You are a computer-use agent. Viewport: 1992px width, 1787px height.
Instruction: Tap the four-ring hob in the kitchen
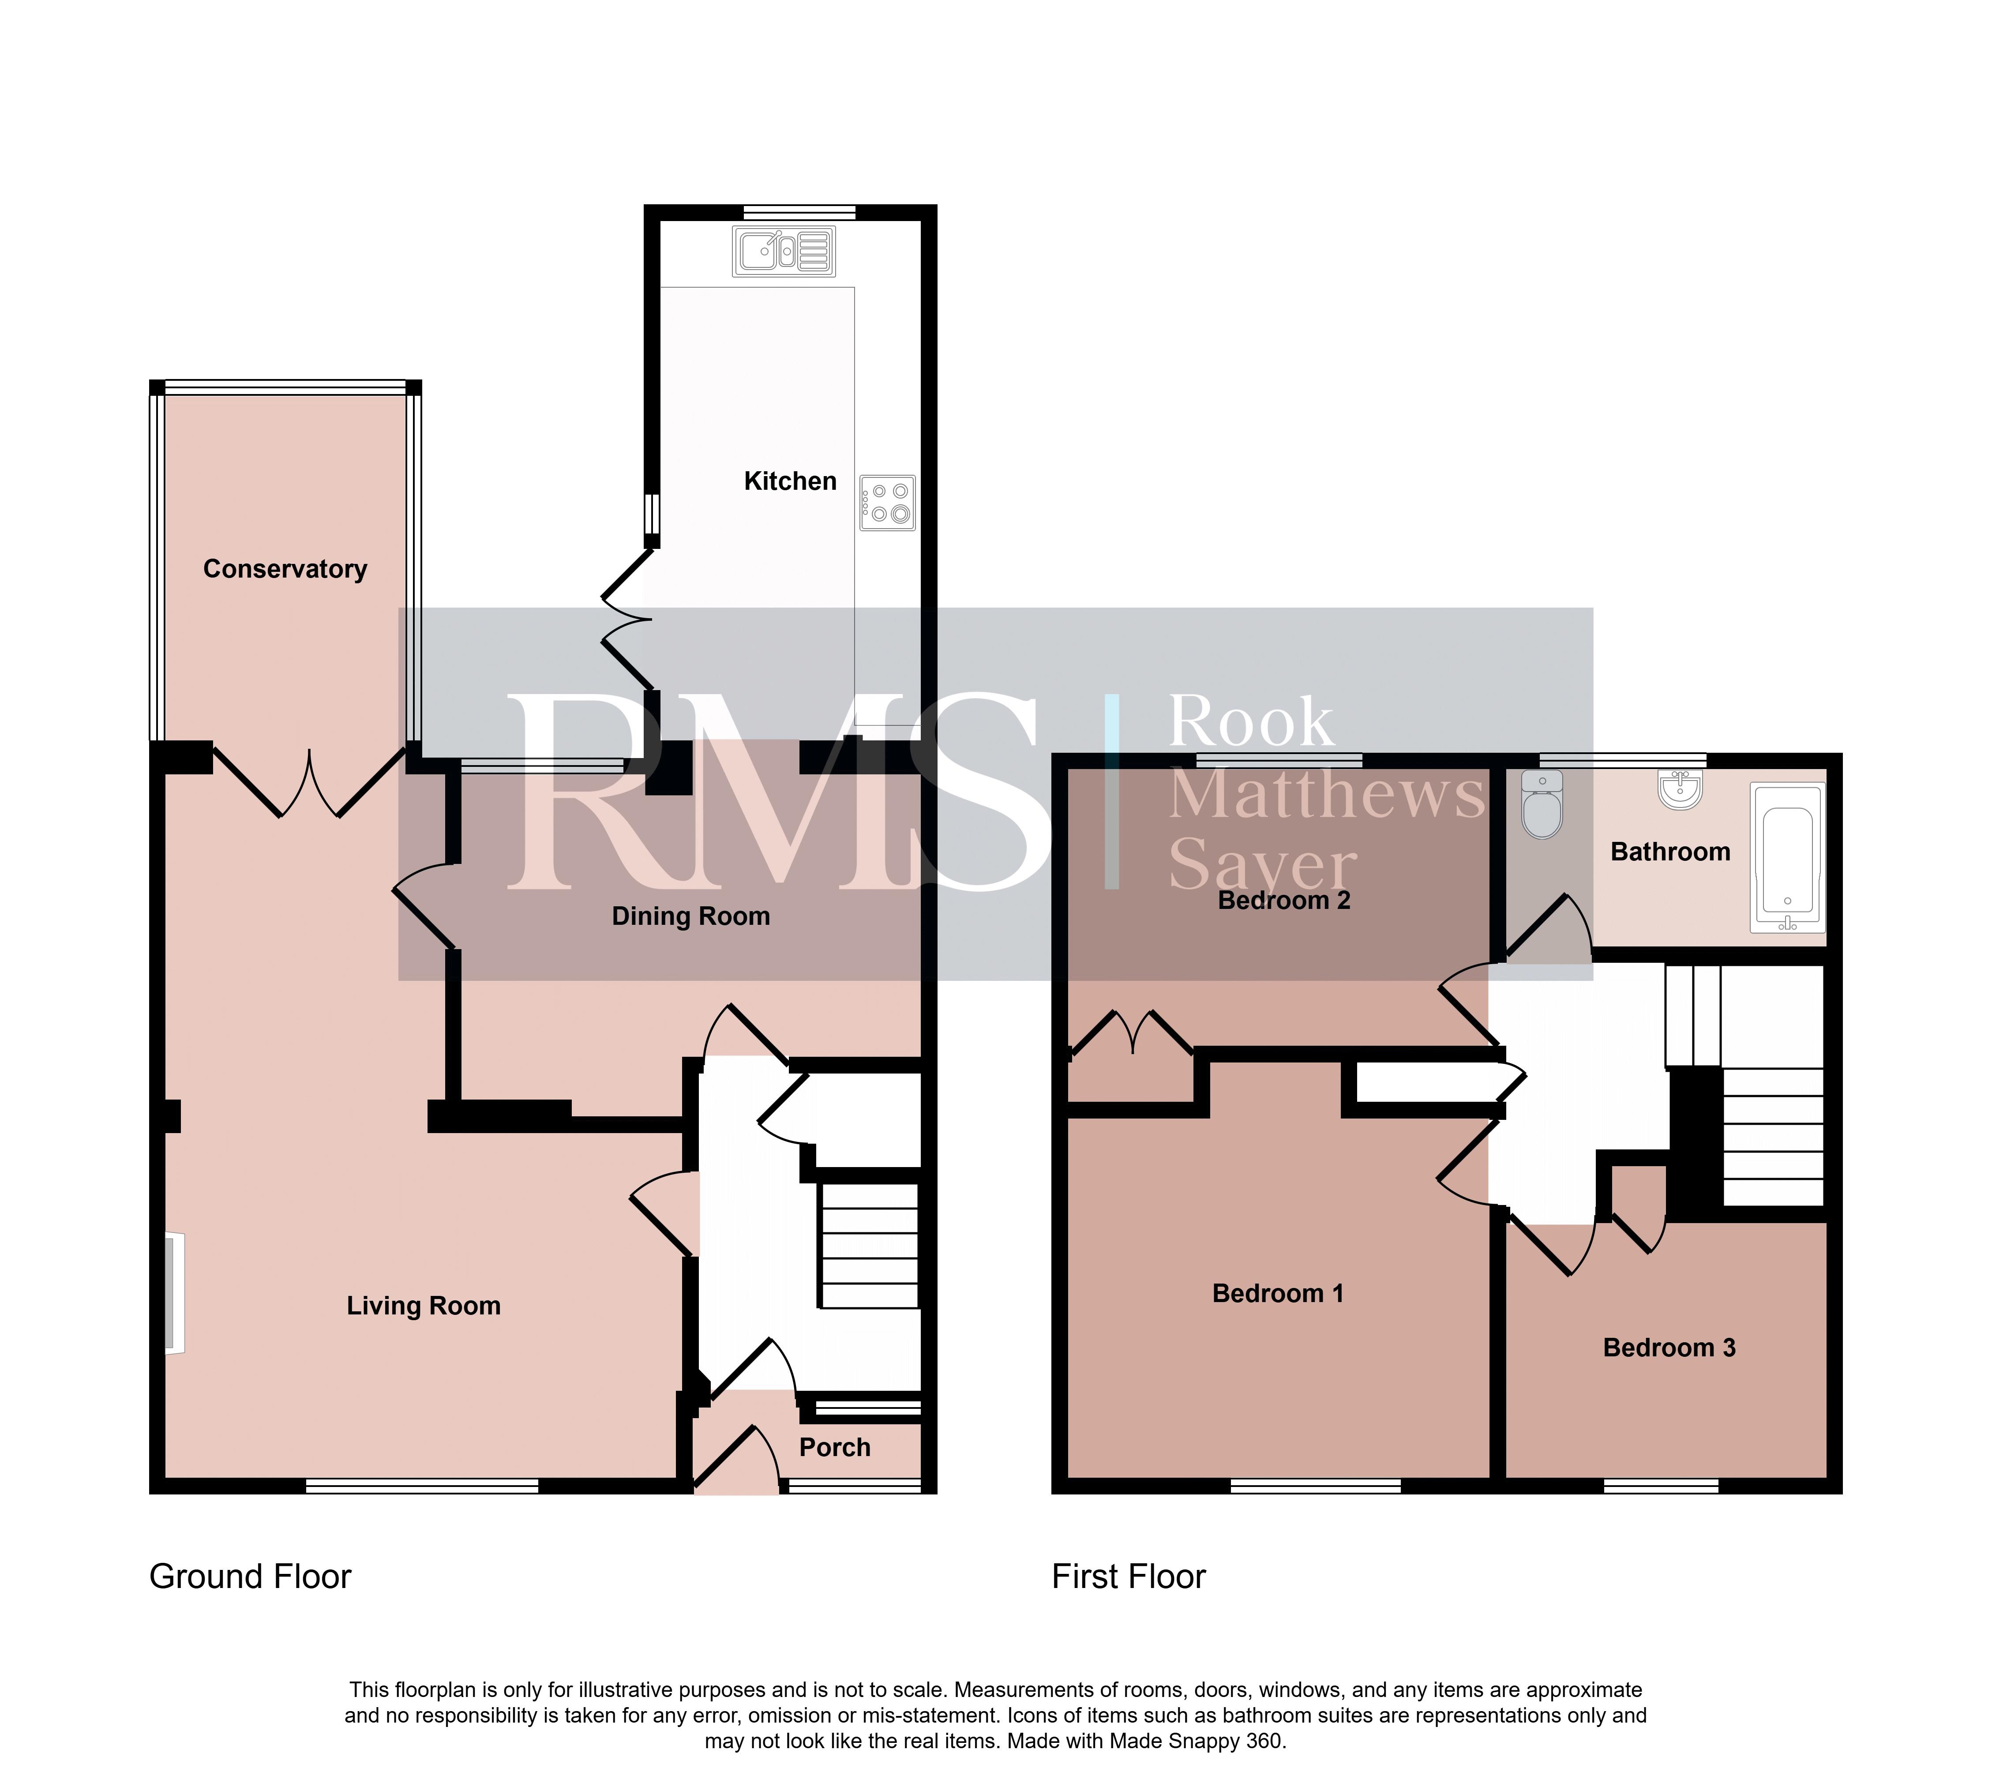point(888,503)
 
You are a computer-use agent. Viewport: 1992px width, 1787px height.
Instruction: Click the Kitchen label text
point(790,481)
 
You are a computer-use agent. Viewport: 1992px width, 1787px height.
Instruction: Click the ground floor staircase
point(869,1245)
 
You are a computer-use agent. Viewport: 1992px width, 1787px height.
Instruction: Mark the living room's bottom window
point(422,1487)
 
